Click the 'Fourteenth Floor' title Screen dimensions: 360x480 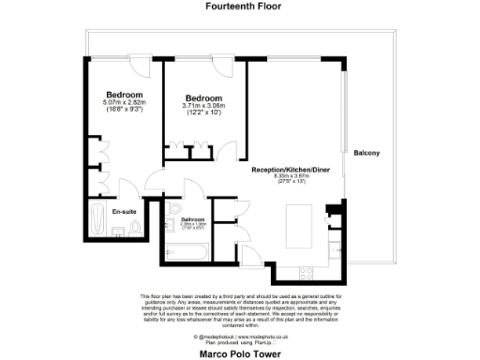pos(239,6)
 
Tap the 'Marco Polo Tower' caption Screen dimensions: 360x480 pos(239,354)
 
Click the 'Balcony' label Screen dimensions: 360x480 pos(367,154)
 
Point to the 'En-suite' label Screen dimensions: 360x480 pos(122,212)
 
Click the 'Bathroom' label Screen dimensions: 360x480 pos(195,218)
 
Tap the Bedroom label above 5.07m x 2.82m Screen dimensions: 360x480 pos(124,95)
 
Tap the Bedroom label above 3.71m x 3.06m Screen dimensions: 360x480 pos(203,98)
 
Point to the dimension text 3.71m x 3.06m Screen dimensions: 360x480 pos(203,106)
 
